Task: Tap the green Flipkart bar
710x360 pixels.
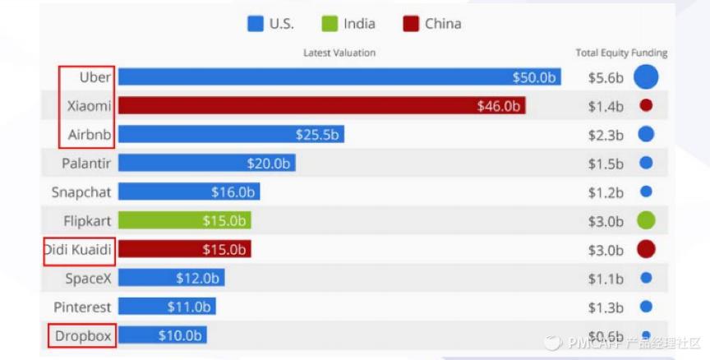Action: tap(184, 220)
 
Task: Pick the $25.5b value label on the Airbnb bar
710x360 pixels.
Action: tap(317, 135)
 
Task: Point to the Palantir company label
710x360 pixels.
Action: tap(86, 164)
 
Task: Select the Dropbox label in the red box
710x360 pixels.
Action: tap(82, 335)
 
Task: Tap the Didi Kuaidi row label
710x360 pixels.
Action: tap(78, 249)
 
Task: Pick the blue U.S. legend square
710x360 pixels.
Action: tap(256, 24)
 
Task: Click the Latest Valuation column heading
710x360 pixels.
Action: tap(339, 53)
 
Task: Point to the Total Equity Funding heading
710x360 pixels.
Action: tap(621, 53)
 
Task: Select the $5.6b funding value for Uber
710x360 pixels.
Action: tap(606, 78)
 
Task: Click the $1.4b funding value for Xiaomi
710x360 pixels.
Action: tap(606, 106)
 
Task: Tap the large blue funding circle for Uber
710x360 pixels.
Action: tap(646, 77)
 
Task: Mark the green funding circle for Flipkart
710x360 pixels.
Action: tap(646, 220)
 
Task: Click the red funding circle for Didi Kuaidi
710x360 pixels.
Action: tap(646, 249)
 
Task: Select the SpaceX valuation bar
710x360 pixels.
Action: tap(171, 278)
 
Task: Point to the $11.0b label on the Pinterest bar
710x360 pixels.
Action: tap(189, 307)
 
